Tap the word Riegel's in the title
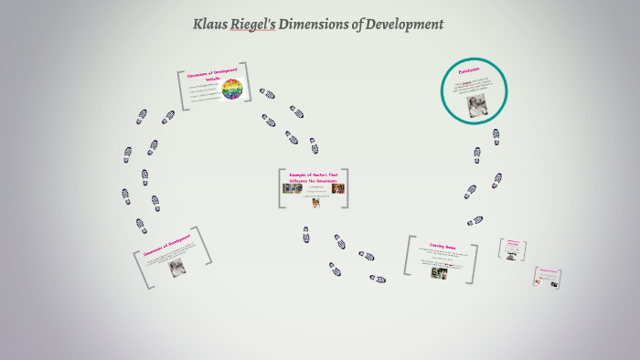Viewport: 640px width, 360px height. pyautogui.click(x=259, y=25)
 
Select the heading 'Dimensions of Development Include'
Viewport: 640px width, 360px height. pyautogui.click(x=212, y=74)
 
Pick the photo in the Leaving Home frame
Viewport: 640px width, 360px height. pyautogui.click(x=439, y=272)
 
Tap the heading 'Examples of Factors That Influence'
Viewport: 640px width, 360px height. pyautogui.click(x=314, y=177)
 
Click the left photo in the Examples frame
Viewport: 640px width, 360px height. pyautogui.click(x=293, y=189)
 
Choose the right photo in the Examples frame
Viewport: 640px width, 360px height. pyautogui.click(x=337, y=189)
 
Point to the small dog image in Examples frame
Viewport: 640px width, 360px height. pyautogui.click(x=315, y=203)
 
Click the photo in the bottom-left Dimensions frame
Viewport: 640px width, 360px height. pyautogui.click(x=176, y=267)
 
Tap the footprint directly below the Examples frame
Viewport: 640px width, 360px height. pyautogui.click(x=306, y=234)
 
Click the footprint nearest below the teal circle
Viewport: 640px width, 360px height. pyautogui.click(x=496, y=135)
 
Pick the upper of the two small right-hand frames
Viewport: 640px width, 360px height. pyautogui.click(x=513, y=248)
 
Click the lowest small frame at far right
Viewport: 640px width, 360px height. pyautogui.click(x=548, y=277)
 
